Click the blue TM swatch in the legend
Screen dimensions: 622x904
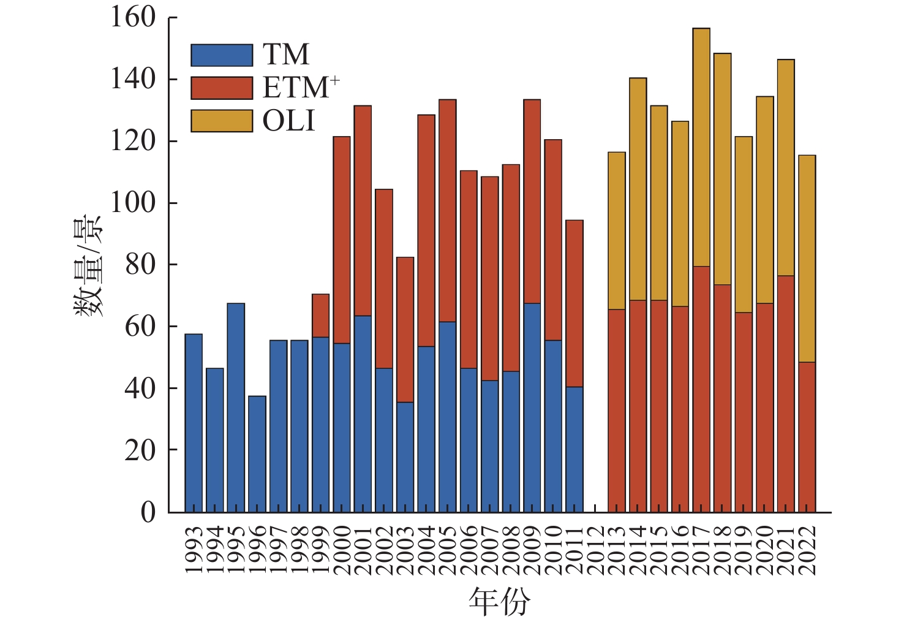222,55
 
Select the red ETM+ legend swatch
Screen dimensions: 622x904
222,88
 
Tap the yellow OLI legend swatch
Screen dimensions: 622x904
222,121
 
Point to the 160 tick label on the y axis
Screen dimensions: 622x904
133,17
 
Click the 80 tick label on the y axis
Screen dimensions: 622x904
140,264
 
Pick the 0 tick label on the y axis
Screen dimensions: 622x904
148,512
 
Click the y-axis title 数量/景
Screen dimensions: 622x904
89,265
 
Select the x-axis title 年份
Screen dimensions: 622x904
499,601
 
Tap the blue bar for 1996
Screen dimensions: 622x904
257,453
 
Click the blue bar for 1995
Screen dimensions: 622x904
236,408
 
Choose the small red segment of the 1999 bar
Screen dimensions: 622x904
320,316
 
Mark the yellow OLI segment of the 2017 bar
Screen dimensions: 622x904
701,147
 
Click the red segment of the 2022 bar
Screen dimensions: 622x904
807,436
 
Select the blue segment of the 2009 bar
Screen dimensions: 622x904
532,408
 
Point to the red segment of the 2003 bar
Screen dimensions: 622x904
405,330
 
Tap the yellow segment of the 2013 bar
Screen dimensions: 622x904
617,230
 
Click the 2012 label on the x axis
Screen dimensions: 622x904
595,550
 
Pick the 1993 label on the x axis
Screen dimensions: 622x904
194,550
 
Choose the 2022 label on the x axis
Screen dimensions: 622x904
807,550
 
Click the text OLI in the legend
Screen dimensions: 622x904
288,121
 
